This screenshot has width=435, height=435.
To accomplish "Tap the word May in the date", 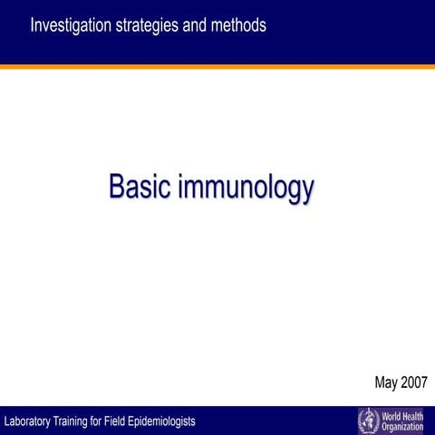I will tap(388, 382).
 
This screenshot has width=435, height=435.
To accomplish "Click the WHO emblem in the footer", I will tap(369, 420).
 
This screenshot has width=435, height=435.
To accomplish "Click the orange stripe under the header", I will tap(217, 66).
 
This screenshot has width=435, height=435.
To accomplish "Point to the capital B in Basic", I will tap(116, 187).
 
